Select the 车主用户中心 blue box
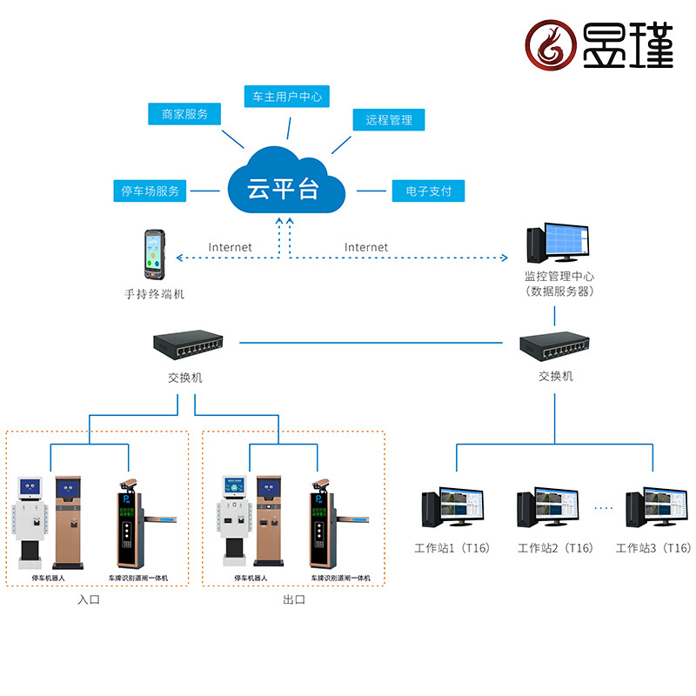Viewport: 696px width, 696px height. [287, 97]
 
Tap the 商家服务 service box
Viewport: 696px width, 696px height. [184, 114]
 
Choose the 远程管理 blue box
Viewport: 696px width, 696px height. [389, 120]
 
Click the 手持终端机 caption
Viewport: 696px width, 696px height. [155, 294]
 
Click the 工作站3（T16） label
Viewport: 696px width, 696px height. [652, 548]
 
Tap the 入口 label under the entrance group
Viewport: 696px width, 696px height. [89, 599]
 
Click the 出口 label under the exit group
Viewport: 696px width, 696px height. [294, 599]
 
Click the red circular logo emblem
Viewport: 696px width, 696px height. [551, 46]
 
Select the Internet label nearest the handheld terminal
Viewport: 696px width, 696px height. [230, 247]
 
